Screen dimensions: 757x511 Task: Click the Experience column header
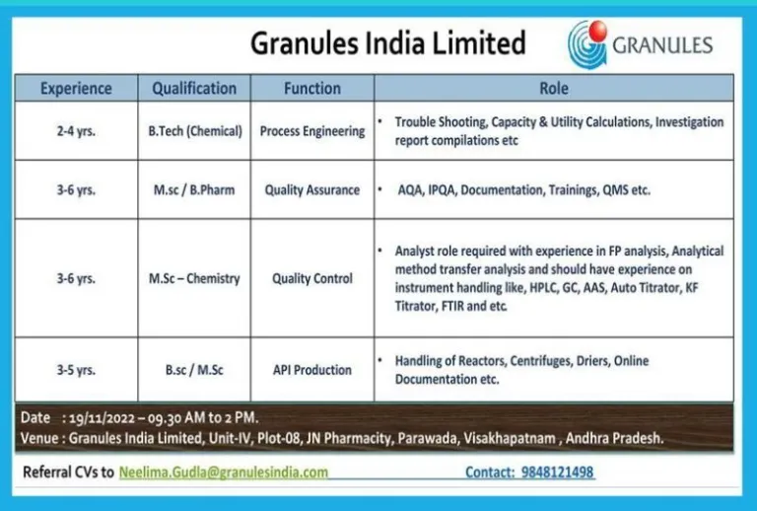pos(76,89)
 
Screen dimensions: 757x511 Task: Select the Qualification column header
pos(194,89)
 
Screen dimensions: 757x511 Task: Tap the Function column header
pos(312,89)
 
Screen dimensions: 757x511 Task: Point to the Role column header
pos(554,89)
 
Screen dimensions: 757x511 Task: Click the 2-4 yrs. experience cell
pos(76,131)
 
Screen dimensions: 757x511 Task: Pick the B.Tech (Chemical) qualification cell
pos(195,131)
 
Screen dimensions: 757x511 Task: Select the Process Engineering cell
pos(312,131)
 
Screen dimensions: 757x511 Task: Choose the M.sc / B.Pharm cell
pos(194,189)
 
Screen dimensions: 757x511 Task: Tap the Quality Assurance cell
pos(312,189)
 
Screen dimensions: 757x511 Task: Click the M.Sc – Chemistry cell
pos(194,279)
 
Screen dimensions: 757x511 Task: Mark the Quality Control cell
pos(312,279)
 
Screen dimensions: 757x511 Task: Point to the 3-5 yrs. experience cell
pos(76,370)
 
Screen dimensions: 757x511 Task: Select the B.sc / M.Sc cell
pos(194,370)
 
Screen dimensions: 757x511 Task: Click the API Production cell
pos(312,370)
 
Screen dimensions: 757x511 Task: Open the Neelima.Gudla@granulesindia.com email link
pos(224,472)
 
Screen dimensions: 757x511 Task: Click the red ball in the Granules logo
pos(597,30)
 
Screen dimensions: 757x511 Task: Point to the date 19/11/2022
pos(102,418)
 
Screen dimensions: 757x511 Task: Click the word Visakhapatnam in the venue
pos(510,439)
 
